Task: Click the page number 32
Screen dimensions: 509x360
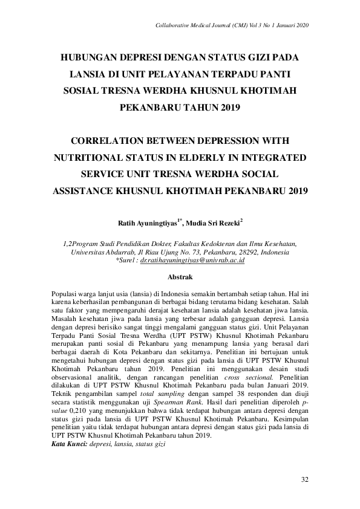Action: click(306, 480)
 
